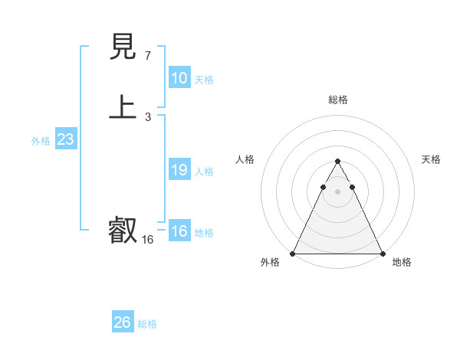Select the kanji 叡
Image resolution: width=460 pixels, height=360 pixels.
pyautogui.click(x=123, y=230)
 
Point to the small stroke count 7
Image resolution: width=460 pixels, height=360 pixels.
pyautogui.click(x=147, y=56)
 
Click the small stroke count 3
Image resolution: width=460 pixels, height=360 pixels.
pyautogui.click(x=147, y=117)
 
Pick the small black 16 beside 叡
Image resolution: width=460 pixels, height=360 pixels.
pyautogui.click(x=147, y=240)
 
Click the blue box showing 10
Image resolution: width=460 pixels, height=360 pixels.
pyautogui.click(x=179, y=78)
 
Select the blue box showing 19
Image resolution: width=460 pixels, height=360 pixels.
pyautogui.click(x=179, y=170)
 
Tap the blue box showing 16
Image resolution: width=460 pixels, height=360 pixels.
pyautogui.click(x=179, y=231)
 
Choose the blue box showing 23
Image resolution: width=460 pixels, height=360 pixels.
pyautogui.click(x=65, y=139)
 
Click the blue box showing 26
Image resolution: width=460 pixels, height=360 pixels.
pyautogui.click(x=123, y=322)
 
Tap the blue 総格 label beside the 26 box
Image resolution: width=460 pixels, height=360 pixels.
pyautogui.click(x=147, y=324)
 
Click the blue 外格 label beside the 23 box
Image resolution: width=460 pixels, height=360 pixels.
pyautogui.click(x=41, y=141)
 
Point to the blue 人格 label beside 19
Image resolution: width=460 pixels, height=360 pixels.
pyautogui.click(x=204, y=172)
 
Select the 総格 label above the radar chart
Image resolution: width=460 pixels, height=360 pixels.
pyautogui.click(x=337, y=100)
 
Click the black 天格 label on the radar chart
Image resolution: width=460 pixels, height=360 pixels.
pyautogui.click(x=431, y=159)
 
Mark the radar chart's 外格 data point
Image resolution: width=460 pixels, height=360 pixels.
pyautogui.click(x=293, y=254)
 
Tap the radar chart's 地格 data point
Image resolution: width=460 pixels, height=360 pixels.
pyautogui.click(x=382, y=254)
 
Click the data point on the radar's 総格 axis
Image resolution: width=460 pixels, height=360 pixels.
pyautogui.click(x=337, y=162)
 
